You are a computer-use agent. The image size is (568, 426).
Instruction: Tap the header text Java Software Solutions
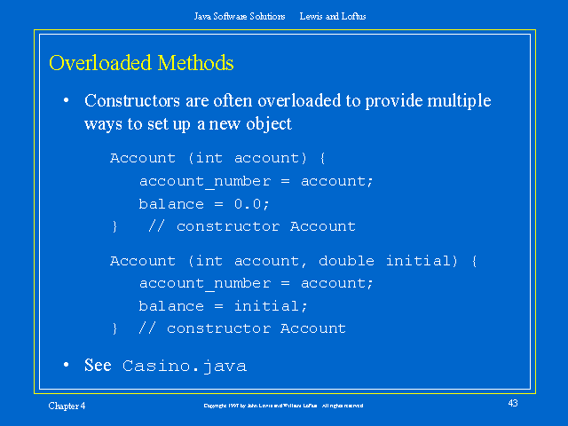240,16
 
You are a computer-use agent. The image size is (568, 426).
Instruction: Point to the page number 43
513,404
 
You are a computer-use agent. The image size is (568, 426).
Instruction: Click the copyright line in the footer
283,406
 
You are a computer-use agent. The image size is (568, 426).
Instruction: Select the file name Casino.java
185,366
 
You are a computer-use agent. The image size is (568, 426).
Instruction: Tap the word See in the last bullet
98,366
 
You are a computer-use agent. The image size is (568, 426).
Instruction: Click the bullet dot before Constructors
66,101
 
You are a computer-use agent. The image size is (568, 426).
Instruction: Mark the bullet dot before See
66,366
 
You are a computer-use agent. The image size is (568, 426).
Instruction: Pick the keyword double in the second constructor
347,261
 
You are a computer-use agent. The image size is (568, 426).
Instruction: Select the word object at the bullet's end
267,124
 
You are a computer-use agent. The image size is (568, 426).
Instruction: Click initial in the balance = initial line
271,306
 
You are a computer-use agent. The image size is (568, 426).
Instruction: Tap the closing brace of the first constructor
114,227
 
